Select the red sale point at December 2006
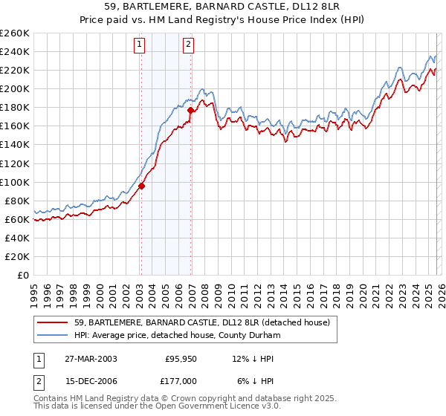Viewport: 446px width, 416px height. (x=191, y=110)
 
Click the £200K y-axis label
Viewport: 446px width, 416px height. (x=15, y=88)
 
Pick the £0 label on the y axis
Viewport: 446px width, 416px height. (x=22, y=275)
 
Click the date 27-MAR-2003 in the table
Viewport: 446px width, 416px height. (x=90, y=358)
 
